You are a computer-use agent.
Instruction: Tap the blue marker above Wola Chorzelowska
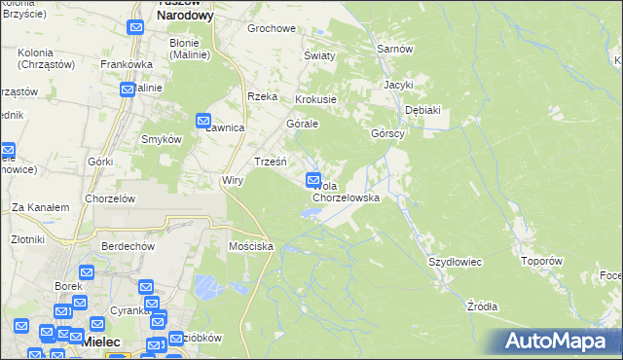coord(314,179)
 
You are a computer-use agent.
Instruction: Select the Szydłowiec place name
coord(456,262)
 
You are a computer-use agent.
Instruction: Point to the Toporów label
coord(542,261)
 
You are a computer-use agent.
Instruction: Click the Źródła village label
coord(482,306)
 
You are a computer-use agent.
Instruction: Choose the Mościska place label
coord(250,247)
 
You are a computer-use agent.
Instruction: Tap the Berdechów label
coord(128,246)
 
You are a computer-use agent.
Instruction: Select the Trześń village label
coord(270,161)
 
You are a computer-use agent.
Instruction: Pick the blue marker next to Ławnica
coord(203,121)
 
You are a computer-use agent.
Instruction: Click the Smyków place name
coord(162,139)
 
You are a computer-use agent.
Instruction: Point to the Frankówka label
coord(124,64)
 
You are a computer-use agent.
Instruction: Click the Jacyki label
coord(398,85)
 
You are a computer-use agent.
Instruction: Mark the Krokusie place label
coord(315,99)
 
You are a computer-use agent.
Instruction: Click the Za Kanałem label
coord(40,207)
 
